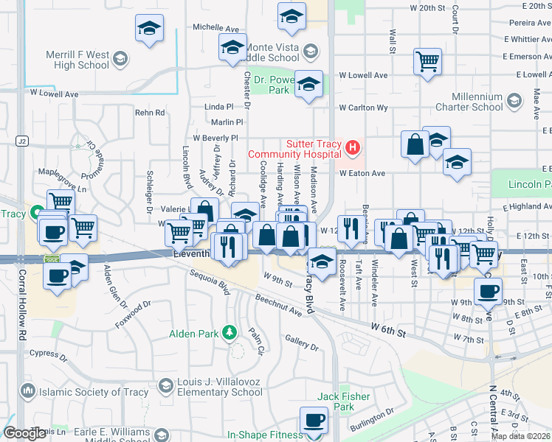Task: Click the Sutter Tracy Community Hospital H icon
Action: [x=352, y=148]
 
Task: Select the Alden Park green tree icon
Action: [x=231, y=333]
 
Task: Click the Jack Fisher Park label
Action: [x=344, y=401]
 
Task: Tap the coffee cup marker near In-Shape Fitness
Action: [x=314, y=421]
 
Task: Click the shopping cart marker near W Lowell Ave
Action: [x=427, y=62]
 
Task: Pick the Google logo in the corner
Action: [x=25, y=433]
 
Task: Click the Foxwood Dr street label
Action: [x=133, y=314]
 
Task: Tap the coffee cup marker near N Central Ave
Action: [x=488, y=291]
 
